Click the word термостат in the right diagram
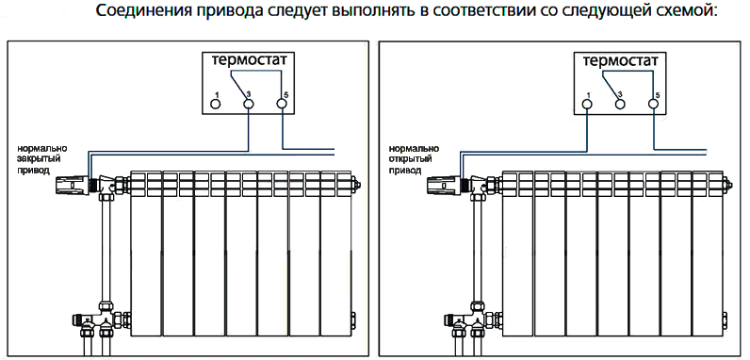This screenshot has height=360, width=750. [621, 62]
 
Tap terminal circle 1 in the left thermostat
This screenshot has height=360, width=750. [216, 103]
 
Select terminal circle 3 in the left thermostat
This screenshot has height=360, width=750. [249, 103]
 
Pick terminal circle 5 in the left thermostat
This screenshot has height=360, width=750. [283, 103]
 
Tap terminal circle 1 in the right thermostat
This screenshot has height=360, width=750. [587, 103]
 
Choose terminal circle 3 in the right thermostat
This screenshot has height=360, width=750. [620, 103]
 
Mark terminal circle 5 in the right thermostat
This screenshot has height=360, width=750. [653, 103]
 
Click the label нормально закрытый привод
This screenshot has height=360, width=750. [42, 159]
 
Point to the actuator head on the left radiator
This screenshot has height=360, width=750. [73, 185]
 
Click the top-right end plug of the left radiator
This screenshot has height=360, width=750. [355, 184]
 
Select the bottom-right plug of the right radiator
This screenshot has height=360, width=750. [726, 319]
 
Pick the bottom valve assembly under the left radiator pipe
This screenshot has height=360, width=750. [102, 320]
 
